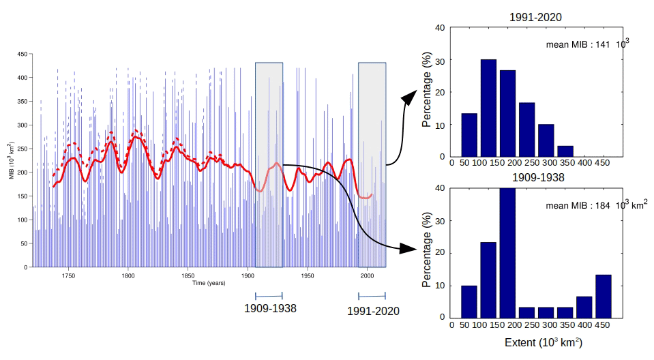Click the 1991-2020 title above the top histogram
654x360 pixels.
coord(535,16)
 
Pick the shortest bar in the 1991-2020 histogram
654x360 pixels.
coord(565,151)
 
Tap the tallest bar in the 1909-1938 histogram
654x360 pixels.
coord(507,252)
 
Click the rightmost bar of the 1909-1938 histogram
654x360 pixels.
coord(604,295)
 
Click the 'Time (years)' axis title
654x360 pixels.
coord(209,283)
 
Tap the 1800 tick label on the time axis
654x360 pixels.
coord(128,276)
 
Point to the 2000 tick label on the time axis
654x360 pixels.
coord(367,276)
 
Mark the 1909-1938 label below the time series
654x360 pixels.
coord(270,308)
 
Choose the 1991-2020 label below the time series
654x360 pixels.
coord(373,311)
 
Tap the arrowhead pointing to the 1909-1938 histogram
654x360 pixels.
coord(408,248)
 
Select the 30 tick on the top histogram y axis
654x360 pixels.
coord(441,60)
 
